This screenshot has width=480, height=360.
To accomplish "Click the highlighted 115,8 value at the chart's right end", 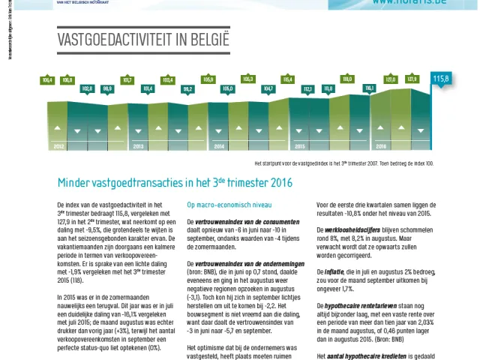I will click(x=441, y=79).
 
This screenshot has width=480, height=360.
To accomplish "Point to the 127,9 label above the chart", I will click(x=412, y=79).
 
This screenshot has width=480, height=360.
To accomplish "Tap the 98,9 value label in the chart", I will click(x=107, y=88).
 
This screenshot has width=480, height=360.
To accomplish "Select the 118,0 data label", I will click(x=347, y=79).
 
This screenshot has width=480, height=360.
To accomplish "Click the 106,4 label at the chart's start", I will click(x=48, y=79).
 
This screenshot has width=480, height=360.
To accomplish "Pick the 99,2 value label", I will click(x=188, y=88).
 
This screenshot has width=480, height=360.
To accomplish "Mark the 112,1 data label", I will click(x=307, y=88).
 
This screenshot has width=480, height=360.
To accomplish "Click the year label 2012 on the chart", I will click(x=58, y=146).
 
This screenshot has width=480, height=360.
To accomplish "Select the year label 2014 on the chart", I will click(x=220, y=146).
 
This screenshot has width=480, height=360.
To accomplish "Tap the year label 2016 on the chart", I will click(x=381, y=146).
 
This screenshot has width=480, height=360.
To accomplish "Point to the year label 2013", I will click(x=139, y=146).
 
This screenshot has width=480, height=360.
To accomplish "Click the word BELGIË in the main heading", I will click(x=204, y=38).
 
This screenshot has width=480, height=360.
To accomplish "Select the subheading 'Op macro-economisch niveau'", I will click(x=223, y=204).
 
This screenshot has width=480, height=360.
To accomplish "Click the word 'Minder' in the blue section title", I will click(x=74, y=183).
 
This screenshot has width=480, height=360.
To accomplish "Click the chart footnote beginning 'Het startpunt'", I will click(x=344, y=163).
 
